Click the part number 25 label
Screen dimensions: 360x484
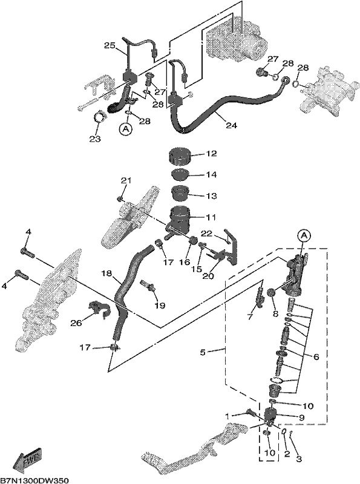pyautogui.click(x=110, y=46)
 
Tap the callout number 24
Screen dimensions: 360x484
pyautogui.click(x=232, y=125)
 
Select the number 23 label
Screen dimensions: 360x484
pyautogui.click(x=95, y=139)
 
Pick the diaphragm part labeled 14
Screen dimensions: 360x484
pyautogui.click(x=180, y=174)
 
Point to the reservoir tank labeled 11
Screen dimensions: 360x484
pyautogui.click(x=179, y=220)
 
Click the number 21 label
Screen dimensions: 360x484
pyautogui.click(x=126, y=180)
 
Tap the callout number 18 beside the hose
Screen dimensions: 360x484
pyautogui.click(x=106, y=273)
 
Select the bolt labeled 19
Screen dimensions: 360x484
pyautogui.click(x=149, y=285)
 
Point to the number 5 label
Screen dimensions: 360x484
pyautogui.click(x=203, y=352)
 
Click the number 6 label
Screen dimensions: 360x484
pyautogui.click(x=316, y=357)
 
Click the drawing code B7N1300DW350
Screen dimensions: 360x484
pyautogui.click(x=34, y=480)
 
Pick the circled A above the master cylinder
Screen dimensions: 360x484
pyautogui.click(x=304, y=236)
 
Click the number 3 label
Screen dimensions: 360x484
pyautogui.click(x=299, y=459)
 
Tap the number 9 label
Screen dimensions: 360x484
pyautogui.click(x=302, y=417)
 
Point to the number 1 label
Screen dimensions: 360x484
pyautogui.click(x=227, y=416)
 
